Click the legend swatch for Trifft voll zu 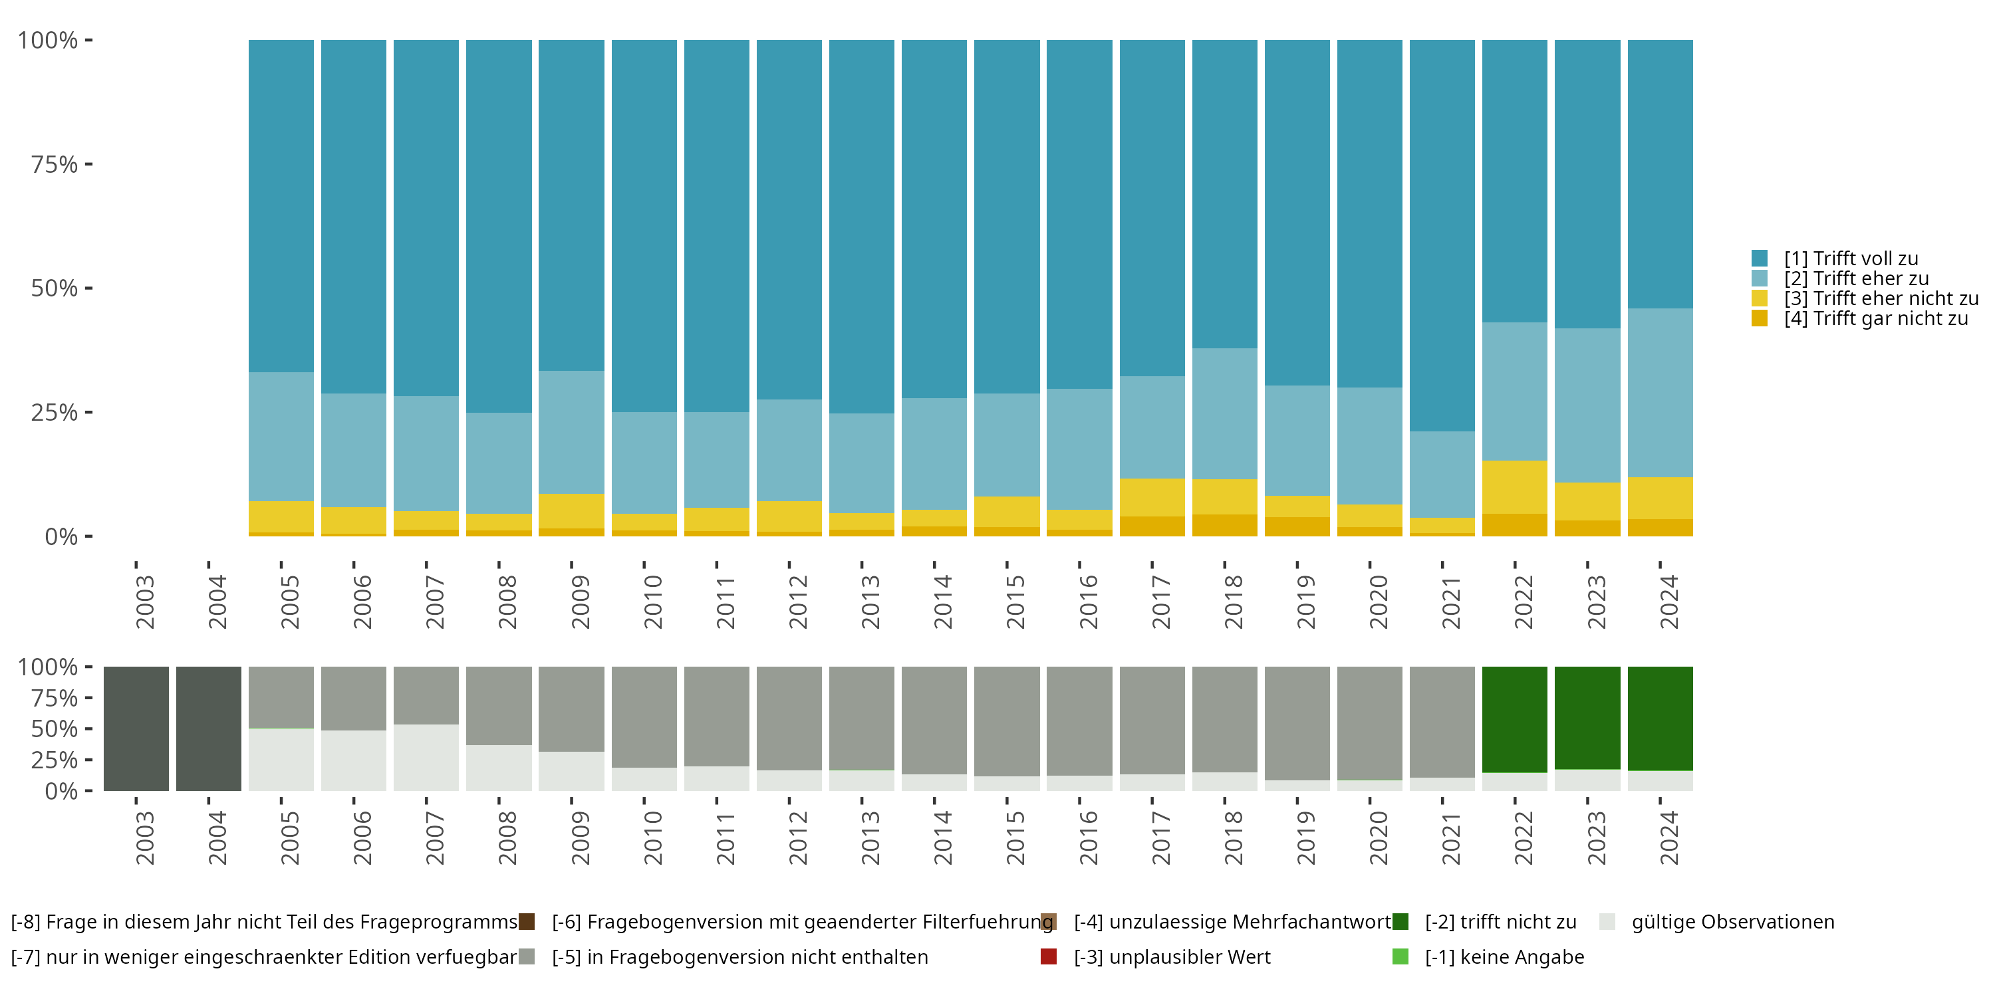pyautogui.click(x=1760, y=258)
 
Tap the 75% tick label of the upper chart pyautogui.click(x=55, y=164)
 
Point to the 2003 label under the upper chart pyautogui.click(x=145, y=602)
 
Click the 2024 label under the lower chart pyautogui.click(x=1669, y=837)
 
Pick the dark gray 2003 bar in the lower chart pyautogui.click(x=136, y=728)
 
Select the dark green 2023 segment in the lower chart pyautogui.click(x=1587, y=718)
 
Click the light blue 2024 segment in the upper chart pyautogui.click(x=1661, y=392)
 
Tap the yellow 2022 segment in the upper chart pyautogui.click(x=1515, y=487)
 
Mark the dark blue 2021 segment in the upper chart pyautogui.click(x=1442, y=235)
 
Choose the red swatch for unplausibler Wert pyautogui.click(x=1049, y=956)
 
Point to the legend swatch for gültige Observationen pyautogui.click(x=1607, y=921)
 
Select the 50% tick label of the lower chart pyautogui.click(x=55, y=728)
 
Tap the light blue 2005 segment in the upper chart pyautogui.click(x=281, y=437)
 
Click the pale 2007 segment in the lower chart pyautogui.click(x=426, y=757)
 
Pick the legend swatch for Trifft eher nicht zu pyautogui.click(x=1760, y=298)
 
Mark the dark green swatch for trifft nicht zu pyautogui.click(x=1400, y=921)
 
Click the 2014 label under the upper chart pyautogui.click(x=942, y=602)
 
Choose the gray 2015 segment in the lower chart pyautogui.click(x=1007, y=721)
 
